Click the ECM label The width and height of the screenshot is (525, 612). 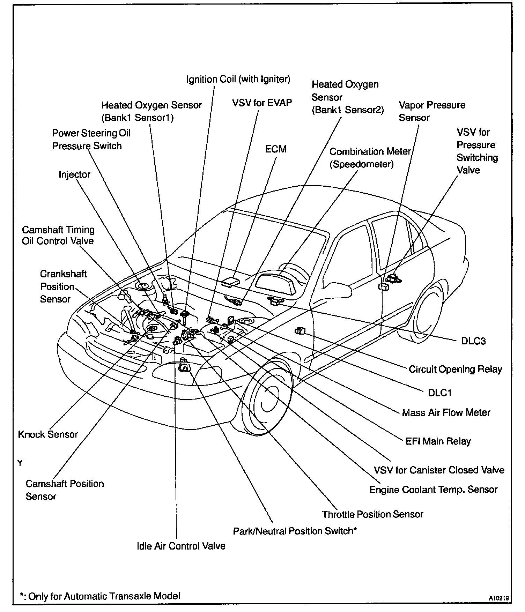[x=276, y=149]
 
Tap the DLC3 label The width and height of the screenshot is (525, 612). [x=473, y=341]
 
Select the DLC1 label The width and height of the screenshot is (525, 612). [x=440, y=393]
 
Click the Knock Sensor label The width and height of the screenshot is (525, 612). [x=48, y=434]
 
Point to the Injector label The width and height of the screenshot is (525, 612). [x=74, y=174]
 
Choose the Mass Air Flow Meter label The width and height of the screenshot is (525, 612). [x=446, y=413]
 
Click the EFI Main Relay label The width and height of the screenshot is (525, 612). [x=438, y=441]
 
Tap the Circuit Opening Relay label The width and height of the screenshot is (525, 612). [x=455, y=369]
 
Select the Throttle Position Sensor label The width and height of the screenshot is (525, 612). [x=372, y=514]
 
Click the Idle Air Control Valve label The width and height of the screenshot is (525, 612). [x=181, y=546]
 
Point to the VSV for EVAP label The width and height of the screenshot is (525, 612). [x=262, y=103]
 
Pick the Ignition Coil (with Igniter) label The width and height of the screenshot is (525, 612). [x=238, y=79]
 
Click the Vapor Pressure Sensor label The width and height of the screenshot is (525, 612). [x=432, y=111]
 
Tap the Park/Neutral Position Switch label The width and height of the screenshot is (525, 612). [x=295, y=531]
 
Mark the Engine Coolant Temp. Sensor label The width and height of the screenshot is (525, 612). [x=433, y=490]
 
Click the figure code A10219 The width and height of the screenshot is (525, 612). [x=499, y=598]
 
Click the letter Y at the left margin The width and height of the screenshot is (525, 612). [x=20, y=463]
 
